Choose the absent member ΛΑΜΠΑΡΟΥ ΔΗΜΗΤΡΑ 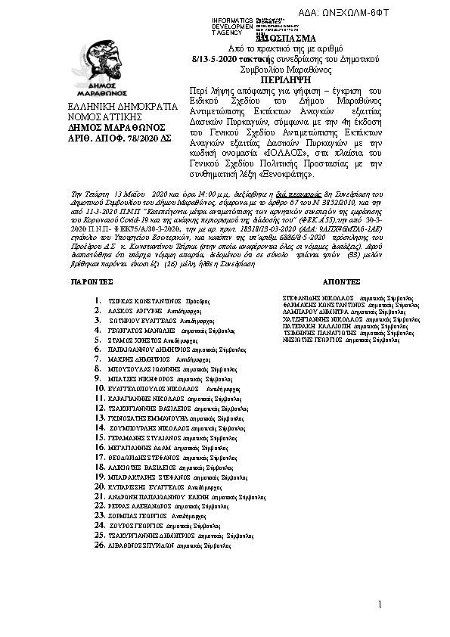tap(306, 312)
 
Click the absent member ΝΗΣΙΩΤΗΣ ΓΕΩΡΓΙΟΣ tap(306, 340)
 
